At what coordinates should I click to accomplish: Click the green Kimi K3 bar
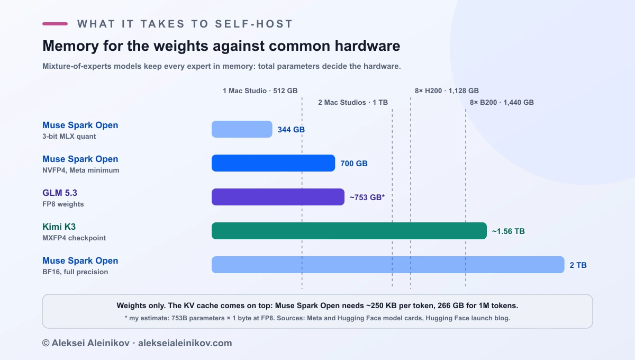pyautogui.click(x=349, y=231)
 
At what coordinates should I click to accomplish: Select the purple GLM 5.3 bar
pyautogui.click(x=278, y=197)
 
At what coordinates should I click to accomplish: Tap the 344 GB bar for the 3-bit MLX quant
pyautogui.click(x=242, y=129)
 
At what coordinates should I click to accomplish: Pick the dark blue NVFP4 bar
pyautogui.click(x=273, y=163)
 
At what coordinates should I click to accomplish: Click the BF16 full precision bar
pyautogui.click(x=388, y=265)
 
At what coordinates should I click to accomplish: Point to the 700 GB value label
pyautogui.click(x=354, y=164)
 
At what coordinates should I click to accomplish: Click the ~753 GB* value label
pyautogui.click(x=367, y=197)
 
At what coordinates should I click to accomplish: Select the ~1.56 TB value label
pyautogui.click(x=509, y=231)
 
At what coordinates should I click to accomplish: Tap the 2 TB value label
pyautogui.click(x=578, y=265)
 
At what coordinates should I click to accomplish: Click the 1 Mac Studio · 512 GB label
pyautogui.click(x=260, y=91)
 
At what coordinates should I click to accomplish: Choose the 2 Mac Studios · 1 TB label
pyautogui.click(x=353, y=102)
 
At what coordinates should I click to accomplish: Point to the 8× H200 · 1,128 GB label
pyautogui.click(x=447, y=91)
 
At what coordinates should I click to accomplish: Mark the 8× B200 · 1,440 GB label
pyautogui.click(x=502, y=102)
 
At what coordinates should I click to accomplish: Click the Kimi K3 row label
pyautogui.click(x=59, y=227)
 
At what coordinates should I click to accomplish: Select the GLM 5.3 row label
pyautogui.click(x=59, y=193)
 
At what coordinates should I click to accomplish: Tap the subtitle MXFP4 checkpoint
pyautogui.click(x=74, y=238)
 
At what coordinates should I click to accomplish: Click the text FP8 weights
pyautogui.click(x=63, y=204)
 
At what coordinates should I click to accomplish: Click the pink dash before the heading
pyautogui.click(x=55, y=24)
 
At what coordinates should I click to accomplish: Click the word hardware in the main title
pyautogui.click(x=367, y=46)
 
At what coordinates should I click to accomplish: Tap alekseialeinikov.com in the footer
pyautogui.click(x=185, y=343)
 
